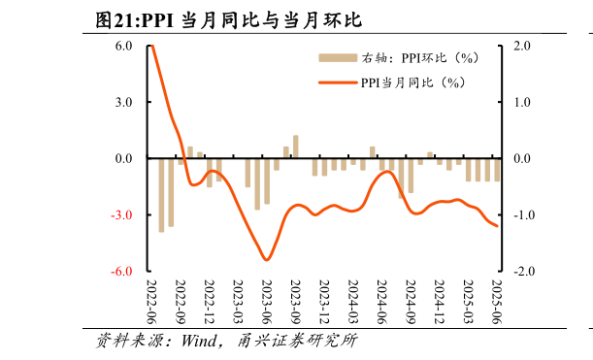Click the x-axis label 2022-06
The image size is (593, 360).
[x=151, y=302]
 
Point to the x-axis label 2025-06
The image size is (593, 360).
[x=498, y=302]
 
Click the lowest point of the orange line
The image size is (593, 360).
[x=266, y=259]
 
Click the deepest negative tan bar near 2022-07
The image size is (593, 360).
[x=161, y=195]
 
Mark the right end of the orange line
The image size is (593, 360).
[x=498, y=226]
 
